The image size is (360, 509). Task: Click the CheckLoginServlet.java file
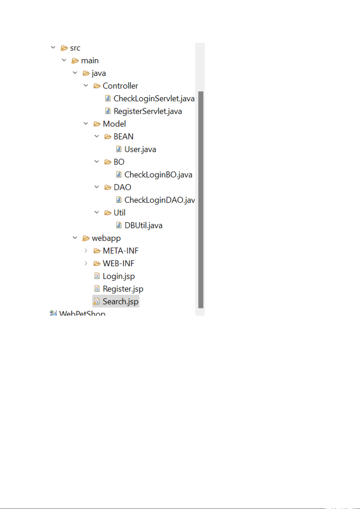pos(154,99)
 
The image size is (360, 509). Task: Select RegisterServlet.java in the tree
pos(147,111)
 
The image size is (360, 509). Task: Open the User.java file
pos(140,150)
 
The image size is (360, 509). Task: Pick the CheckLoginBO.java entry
pos(158,175)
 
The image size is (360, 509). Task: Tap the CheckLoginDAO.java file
pos(159,200)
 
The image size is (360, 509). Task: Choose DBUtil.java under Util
pos(143,226)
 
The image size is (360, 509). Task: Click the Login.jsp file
pos(118,276)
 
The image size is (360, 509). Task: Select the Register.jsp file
pos(123,289)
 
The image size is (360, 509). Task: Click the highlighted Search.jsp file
pos(120,302)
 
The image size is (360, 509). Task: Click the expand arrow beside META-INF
pos(86,251)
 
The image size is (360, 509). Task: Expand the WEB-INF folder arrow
pos(86,263)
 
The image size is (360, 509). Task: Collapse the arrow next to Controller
pos(86,86)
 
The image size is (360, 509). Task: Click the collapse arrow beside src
pos(53,48)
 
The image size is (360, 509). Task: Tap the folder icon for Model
pos(97,124)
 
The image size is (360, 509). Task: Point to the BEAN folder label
pos(123,137)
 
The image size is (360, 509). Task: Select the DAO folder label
pos(122,188)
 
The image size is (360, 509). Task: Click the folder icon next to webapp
pos(86,238)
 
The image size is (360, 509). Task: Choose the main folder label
pos(90,61)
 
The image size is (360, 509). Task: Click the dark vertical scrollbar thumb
pos(201,199)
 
